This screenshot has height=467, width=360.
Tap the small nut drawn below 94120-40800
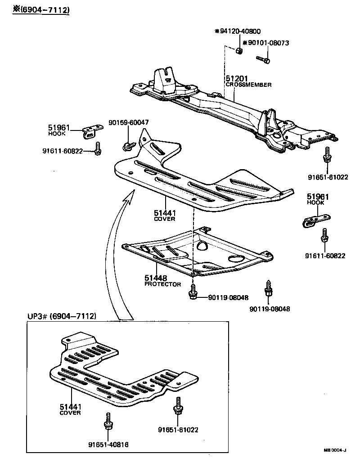pyautogui.click(x=240, y=52)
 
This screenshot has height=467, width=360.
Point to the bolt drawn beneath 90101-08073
pyautogui.click(x=264, y=58)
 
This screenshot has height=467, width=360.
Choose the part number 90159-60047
pyautogui.click(x=129, y=122)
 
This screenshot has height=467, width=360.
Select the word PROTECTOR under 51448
pyautogui.click(x=162, y=284)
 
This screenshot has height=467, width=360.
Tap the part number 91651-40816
pyautogui.click(x=108, y=445)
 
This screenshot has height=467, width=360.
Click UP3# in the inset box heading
pyautogui.click(x=38, y=316)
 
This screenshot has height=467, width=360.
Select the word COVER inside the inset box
pyautogui.click(x=70, y=413)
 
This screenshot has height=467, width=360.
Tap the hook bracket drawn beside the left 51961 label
pyautogui.click(x=92, y=131)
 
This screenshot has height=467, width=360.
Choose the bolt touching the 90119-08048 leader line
pyautogui.click(x=193, y=293)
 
